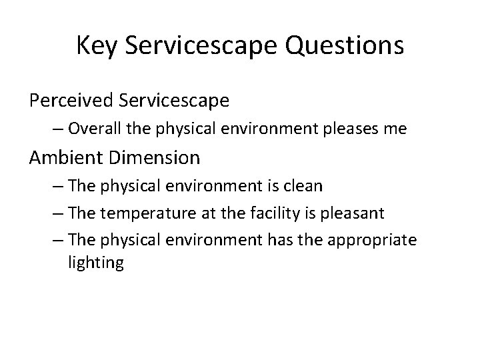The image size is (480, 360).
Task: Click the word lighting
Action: point(95,263)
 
